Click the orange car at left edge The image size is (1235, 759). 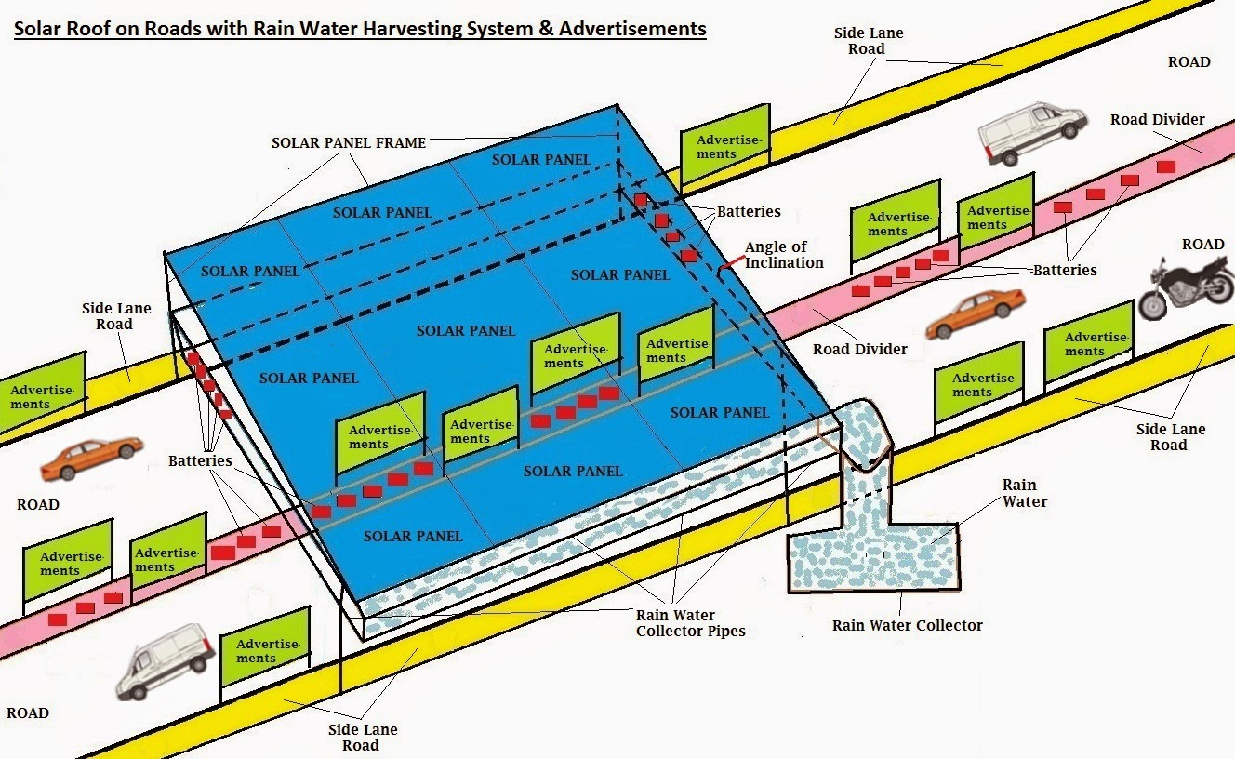[91, 459]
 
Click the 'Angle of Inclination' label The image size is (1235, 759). [783, 255]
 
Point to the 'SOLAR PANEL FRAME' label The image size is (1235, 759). [349, 143]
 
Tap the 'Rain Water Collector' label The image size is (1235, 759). [907, 625]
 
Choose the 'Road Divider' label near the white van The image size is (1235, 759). [1157, 120]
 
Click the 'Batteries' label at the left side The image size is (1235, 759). [200, 461]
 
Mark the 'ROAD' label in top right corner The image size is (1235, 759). [1189, 62]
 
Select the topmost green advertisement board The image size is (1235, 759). [725, 144]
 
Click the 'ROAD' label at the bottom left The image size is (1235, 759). [27, 713]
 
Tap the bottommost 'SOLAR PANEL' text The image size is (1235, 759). [412, 536]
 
